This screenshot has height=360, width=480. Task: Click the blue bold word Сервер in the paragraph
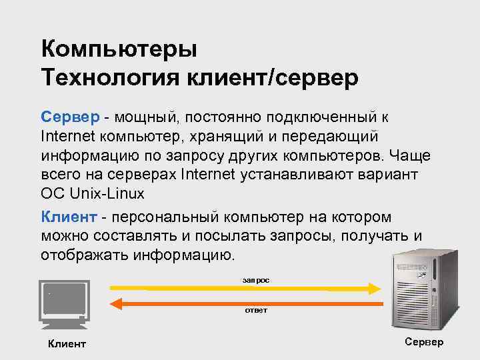tap(69, 117)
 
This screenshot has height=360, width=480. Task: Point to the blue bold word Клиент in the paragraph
tap(69, 217)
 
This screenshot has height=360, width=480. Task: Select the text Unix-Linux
tap(104, 193)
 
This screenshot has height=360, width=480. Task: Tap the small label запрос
tap(255, 281)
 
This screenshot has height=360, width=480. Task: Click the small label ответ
tap(255, 311)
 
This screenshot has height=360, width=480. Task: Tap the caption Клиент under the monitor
tap(67, 344)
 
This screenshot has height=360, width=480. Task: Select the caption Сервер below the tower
tap(423, 342)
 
